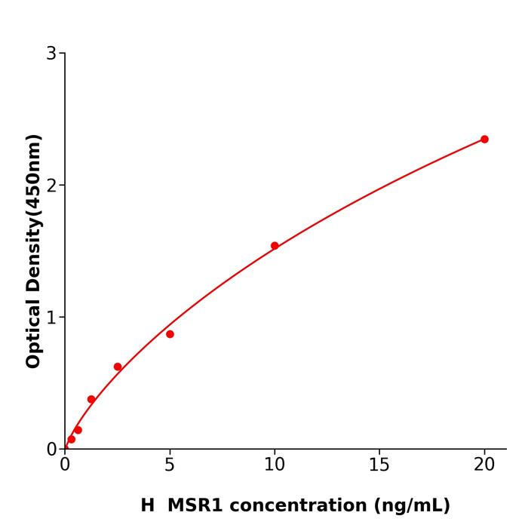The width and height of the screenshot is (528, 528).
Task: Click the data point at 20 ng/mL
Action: (x=484, y=140)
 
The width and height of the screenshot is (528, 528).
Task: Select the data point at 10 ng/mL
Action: (x=275, y=246)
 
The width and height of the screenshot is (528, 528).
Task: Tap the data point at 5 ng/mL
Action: (x=170, y=334)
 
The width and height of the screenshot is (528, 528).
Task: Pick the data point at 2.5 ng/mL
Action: (x=118, y=367)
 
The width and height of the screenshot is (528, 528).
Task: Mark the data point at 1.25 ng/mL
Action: (x=91, y=400)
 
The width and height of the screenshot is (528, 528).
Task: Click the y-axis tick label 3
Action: (x=51, y=54)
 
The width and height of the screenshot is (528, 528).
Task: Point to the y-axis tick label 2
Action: (x=51, y=186)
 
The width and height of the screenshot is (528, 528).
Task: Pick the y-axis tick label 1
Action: (x=51, y=318)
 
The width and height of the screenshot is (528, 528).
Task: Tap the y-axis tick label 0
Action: (x=51, y=450)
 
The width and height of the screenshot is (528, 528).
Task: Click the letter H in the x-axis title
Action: (x=147, y=505)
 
